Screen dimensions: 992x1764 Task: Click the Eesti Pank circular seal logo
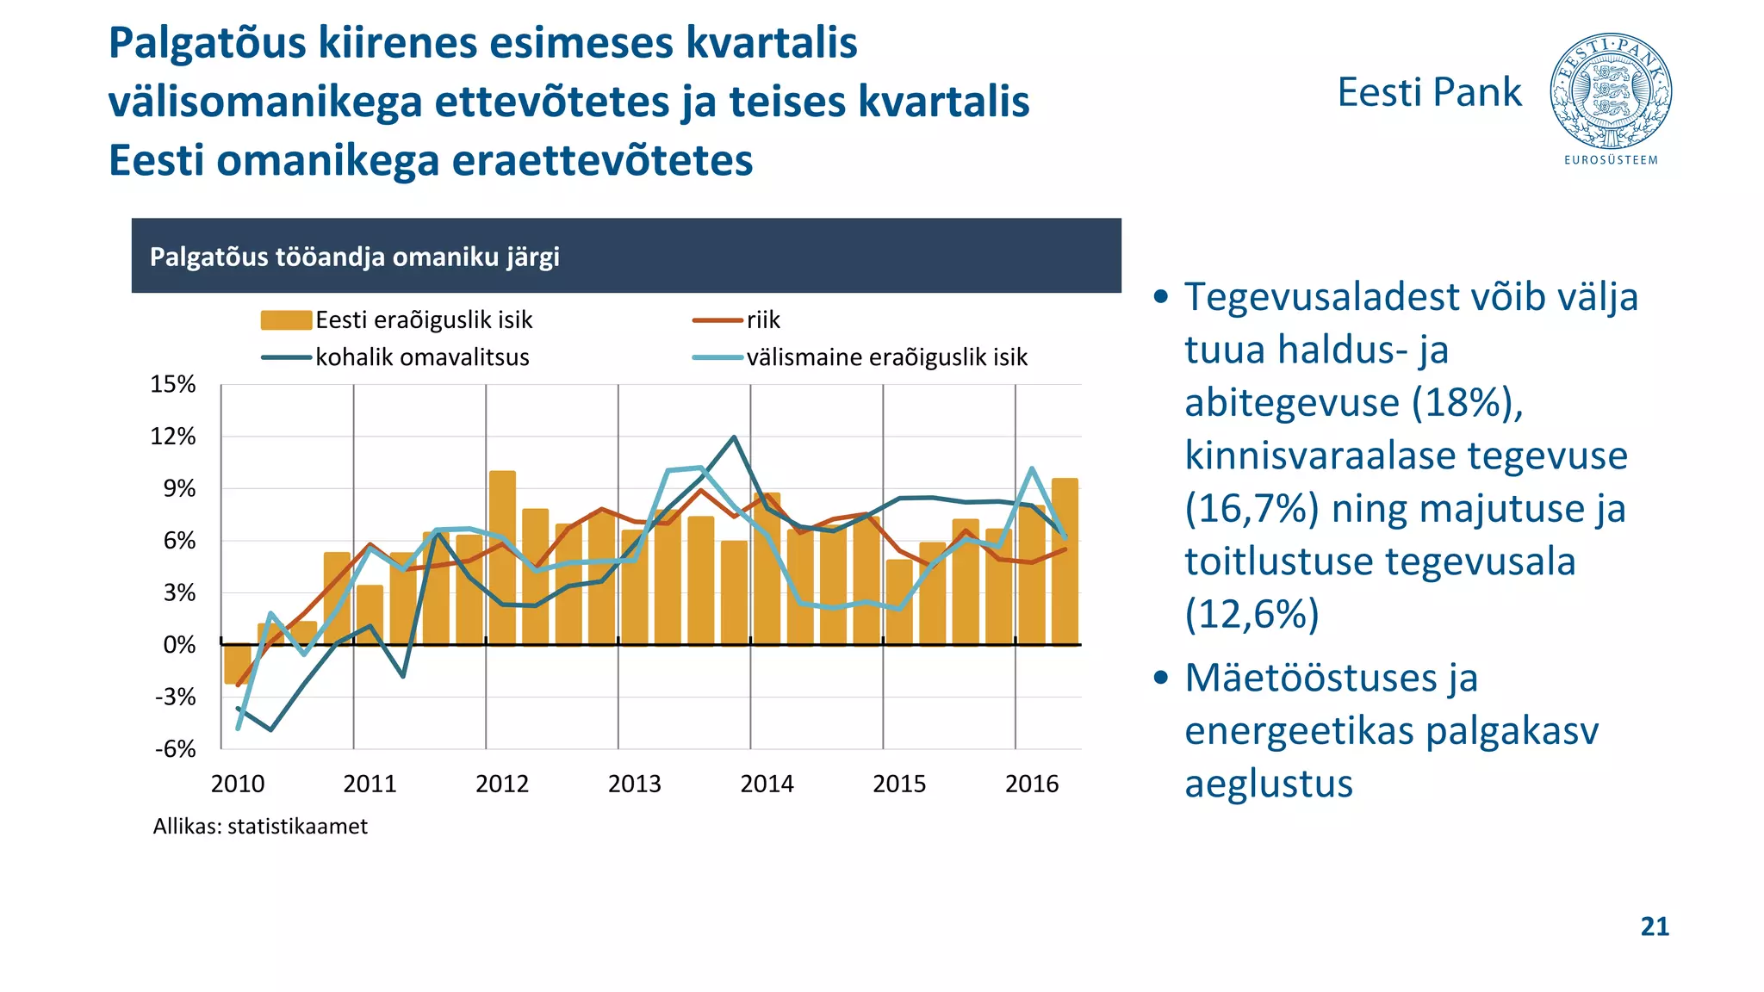point(1611,91)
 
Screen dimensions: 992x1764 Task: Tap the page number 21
point(1655,927)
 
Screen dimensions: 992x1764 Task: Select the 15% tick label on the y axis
point(173,385)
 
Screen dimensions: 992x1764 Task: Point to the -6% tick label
point(175,749)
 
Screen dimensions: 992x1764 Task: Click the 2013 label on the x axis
point(635,784)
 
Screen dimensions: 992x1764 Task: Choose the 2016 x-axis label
point(1032,784)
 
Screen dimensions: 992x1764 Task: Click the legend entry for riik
point(763,320)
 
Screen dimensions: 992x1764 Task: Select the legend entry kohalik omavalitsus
point(422,357)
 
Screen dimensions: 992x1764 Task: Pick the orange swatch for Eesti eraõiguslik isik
point(286,320)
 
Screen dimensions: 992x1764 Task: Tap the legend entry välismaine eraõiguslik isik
point(886,357)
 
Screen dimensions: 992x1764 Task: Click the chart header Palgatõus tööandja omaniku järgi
point(355,257)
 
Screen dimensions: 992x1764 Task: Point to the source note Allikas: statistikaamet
point(260,827)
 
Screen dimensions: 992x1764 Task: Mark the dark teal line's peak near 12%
point(734,437)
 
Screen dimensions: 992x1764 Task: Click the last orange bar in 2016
point(1065,560)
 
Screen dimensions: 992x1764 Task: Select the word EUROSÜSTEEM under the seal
point(1611,160)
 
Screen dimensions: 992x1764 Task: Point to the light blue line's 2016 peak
point(1032,469)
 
